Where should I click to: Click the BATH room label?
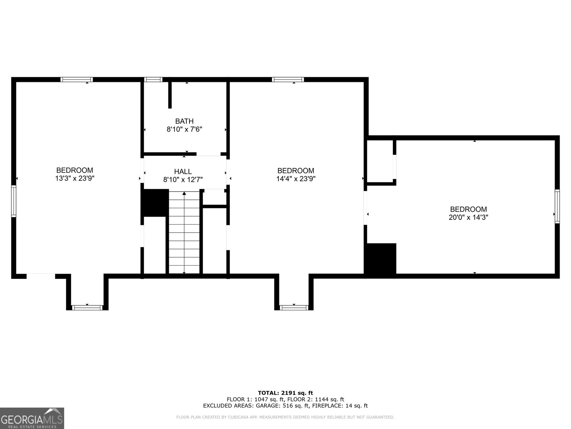pyautogui.click(x=184, y=121)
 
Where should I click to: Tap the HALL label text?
pyautogui.click(x=183, y=172)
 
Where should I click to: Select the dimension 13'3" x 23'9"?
pyautogui.click(x=75, y=178)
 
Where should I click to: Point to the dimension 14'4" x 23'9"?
pyautogui.click(x=296, y=179)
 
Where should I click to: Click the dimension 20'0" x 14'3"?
pyautogui.click(x=468, y=217)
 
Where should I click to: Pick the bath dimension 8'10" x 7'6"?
pyautogui.click(x=184, y=129)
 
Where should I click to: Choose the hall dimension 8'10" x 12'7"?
pyautogui.click(x=183, y=179)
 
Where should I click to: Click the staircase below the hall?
pyautogui.click(x=184, y=232)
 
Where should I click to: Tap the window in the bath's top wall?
pyautogui.click(x=153, y=79)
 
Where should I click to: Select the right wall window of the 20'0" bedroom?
pyautogui.click(x=557, y=206)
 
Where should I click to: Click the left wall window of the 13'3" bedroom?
pyautogui.click(x=14, y=201)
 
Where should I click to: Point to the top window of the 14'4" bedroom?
pyautogui.click(x=288, y=79)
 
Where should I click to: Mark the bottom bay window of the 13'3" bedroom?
pyautogui.click(x=87, y=307)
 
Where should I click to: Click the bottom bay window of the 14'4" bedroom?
pyautogui.click(x=294, y=307)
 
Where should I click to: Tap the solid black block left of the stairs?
pyautogui.click(x=155, y=203)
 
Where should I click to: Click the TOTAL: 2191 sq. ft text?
pyautogui.click(x=285, y=393)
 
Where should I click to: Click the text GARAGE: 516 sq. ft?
pyautogui.click(x=282, y=405)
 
